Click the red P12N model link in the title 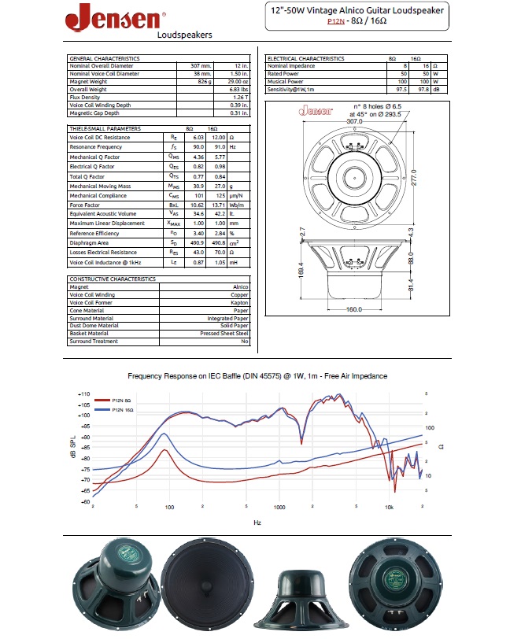[x=337, y=22]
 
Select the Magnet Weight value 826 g [x=200, y=81]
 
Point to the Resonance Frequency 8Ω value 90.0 [x=198, y=147]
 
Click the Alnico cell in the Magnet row [x=241, y=287]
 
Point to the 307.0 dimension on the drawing [x=354, y=122]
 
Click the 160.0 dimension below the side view [x=355, y=309]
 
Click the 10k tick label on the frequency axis [x=389, y=508]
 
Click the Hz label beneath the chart [x=257, y=522]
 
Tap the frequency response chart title [x=257, y=376]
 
